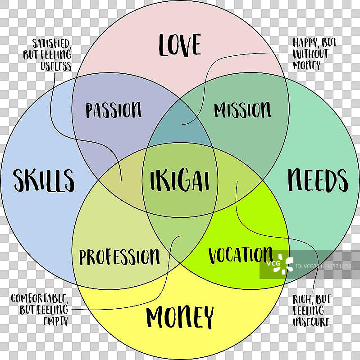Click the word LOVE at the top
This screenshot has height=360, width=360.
pos(180,45)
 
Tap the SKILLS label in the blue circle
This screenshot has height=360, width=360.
pos(43,180)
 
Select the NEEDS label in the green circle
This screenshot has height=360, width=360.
pos(318,180)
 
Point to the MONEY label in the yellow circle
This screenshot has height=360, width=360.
pos(180,318)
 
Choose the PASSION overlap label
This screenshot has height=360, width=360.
pos(114,110)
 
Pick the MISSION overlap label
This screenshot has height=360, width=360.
pos(242,110)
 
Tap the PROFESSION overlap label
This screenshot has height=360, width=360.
pos(119,257)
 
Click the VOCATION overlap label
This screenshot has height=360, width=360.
pos(240,255)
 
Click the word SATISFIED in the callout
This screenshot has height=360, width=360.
pos(51,44)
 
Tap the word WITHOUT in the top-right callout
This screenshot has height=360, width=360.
pos(310,54)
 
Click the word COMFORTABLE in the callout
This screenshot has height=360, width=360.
pos(40,298)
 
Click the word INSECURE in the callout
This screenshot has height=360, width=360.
pos(311,322)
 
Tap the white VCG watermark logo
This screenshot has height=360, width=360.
pos(279,264)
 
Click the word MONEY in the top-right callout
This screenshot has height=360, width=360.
pos(307,65)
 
